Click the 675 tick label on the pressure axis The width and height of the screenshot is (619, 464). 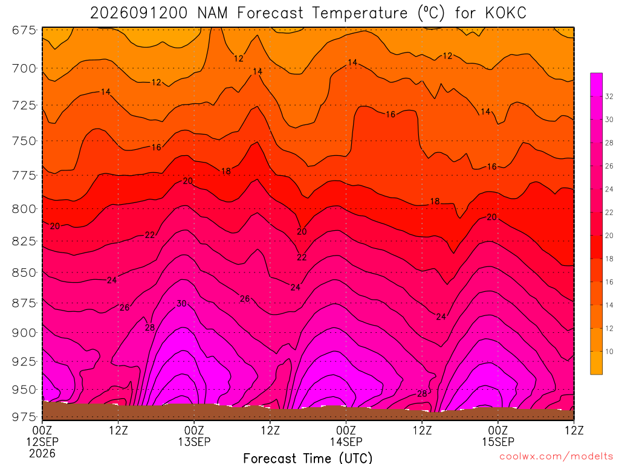pos(24,30)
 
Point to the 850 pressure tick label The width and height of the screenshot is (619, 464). pos(24,272)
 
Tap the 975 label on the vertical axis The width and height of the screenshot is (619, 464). pos(24,417)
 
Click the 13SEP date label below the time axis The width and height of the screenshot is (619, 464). pos(194,442)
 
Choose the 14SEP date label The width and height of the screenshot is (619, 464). pos(346,442)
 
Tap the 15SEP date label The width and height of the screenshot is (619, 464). pos(498,442)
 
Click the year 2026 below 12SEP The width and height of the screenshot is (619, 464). pos(42,453)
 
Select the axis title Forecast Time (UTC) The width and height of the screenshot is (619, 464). pos(308,458)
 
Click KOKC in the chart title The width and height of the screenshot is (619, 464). pos(506,13)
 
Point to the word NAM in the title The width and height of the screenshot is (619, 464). pos(212,13)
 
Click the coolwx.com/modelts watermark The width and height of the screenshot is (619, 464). pos(556,457)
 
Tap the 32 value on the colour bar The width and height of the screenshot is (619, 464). pos(609,96)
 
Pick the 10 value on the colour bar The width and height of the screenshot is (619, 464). pos(609,352)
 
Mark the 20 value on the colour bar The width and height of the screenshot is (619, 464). pos(609,236)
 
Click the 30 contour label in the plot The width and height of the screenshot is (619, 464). pos(181,303)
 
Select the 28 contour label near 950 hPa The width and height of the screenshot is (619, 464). pos(422,393)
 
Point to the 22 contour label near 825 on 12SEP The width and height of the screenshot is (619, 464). pos(150,235)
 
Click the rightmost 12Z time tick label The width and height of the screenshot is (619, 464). pos(574,430)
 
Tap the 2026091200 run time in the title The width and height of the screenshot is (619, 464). pos(138,13)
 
